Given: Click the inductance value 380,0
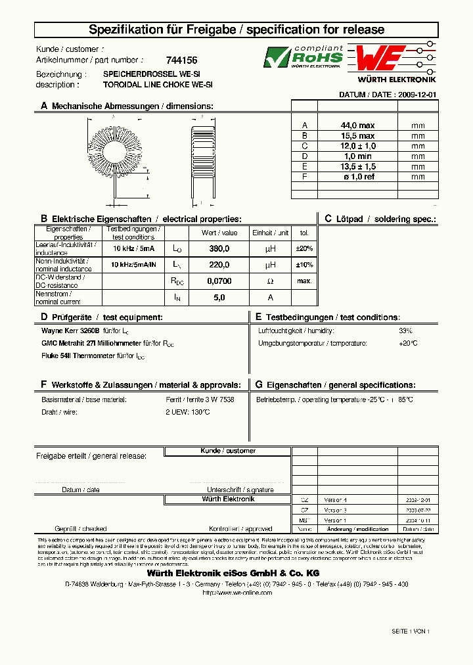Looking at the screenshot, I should (219, 248).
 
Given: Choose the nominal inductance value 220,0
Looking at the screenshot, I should (219, 265).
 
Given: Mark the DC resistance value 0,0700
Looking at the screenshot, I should (219, 281).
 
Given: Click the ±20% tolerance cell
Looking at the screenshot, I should (304, 248).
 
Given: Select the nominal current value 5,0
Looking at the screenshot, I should (219, 298).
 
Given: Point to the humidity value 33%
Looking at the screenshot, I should (405, 331).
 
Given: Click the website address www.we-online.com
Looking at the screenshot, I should (236, 592).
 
